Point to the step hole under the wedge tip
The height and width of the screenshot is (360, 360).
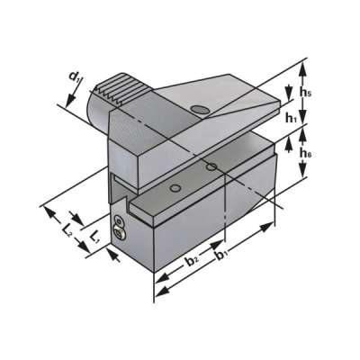[x=211, y=166]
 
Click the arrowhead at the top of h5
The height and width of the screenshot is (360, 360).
[x=307, y=62]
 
